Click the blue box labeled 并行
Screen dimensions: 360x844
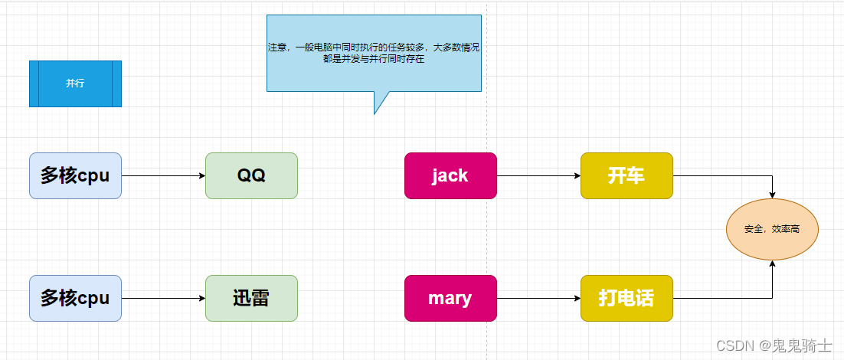tap(75, 83)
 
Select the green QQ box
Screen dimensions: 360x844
tap(251, 175)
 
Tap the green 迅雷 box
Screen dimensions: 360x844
tap(251, 298)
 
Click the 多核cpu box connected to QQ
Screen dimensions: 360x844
tap(75, 175)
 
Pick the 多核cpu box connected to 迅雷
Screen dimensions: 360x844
tap(75, 298)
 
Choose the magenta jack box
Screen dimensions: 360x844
tap(450, 175)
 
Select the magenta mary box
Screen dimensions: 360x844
tap(450, 298)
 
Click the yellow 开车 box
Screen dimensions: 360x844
tap(626, 175)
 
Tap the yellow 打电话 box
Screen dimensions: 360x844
tap(626, 298)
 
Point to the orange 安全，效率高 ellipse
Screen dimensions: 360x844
tap(772, 229)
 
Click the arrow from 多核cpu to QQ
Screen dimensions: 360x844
tap(163, 175)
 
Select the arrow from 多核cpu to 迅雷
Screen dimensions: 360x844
tap(163, 298)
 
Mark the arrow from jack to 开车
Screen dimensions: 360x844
tap(538, 175)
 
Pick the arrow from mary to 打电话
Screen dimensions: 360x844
tap(538, 298)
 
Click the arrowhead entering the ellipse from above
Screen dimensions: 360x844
tap(772, 195)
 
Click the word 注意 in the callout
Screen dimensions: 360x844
tap(276, 47)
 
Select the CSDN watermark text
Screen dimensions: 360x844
tap(729, 346)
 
